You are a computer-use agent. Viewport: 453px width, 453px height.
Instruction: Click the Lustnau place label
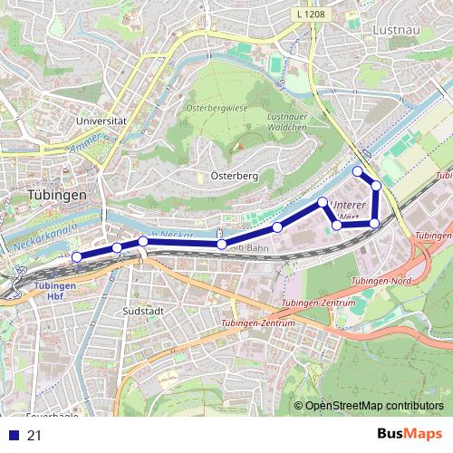tap(393, 30)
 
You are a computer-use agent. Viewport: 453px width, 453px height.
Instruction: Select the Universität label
tap(101, 120)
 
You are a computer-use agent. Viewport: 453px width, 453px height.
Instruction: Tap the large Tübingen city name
tap(56, 195)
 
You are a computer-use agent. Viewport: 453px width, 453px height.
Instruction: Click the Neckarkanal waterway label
tap(43, 237)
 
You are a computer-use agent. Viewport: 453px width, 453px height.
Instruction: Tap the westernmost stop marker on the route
tap(76, 257)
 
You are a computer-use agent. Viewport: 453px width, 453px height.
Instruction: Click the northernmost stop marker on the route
tap(358, 171)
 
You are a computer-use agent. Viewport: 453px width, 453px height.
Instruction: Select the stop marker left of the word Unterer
tap(323, 202)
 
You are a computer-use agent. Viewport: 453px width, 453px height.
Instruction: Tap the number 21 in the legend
tap(34, 436)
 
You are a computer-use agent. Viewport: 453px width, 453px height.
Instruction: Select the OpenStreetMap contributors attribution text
tap(373, 406)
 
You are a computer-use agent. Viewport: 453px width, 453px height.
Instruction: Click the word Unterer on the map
tap(349, 205)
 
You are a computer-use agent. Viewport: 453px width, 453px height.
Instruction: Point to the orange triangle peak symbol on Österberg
tap(241, 146)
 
